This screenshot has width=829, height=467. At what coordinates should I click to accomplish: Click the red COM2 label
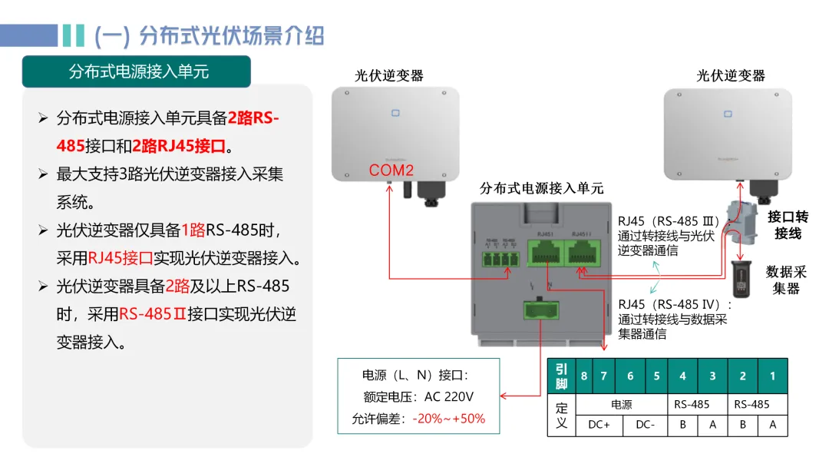pos(391,171)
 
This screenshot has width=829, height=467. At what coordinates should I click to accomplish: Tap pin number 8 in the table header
pos(584,376)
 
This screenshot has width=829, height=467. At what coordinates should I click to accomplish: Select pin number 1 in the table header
pos(772,376)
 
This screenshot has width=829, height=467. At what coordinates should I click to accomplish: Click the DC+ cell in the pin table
pos(599,425)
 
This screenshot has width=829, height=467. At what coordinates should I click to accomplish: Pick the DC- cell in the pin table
pos(644,425)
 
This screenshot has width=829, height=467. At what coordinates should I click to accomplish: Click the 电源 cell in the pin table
pos(621,404)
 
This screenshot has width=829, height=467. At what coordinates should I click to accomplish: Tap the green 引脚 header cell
pos(562,376)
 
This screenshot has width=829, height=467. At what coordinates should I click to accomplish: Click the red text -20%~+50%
pos(449,419)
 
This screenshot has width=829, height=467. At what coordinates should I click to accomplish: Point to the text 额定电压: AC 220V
pos(418,397)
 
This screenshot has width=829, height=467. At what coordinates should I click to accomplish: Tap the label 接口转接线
pos(788,225)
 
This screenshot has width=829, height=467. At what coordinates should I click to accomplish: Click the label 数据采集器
pos(786,280)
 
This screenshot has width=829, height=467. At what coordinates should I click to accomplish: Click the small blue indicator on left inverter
pos(395,114)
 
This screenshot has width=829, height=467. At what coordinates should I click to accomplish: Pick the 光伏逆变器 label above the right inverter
pos(731,75)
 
